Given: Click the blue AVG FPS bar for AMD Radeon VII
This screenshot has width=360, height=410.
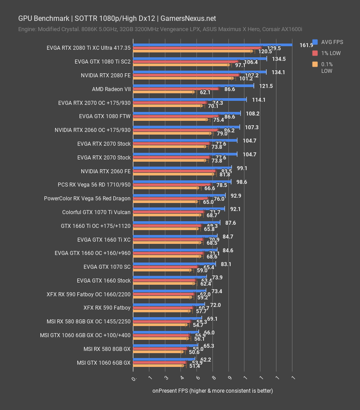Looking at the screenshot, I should pyautogui.click(x=193, y=86).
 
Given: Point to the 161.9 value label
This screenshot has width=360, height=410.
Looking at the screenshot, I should pyautogui.click(x=306, y=45).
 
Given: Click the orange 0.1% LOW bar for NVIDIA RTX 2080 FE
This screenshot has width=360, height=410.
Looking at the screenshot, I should pyautogui.click(x=183, y=78).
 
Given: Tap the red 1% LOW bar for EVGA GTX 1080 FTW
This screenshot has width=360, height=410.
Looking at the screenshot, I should pyautogui.click(x=174, y=116).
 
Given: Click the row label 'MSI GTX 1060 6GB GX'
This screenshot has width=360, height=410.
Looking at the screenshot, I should pyautogui.click(x=104, y=362).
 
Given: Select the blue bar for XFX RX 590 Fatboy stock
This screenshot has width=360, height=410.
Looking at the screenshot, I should pyautogui.click(x=169, y=304).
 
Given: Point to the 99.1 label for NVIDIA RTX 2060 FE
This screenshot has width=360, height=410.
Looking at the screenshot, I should pyautogui.click(x=242, y=168).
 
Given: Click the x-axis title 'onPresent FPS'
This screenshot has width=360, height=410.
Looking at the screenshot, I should pyautogui.click(x=212, y=391).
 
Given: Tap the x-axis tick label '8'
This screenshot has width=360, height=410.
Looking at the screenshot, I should pyautogui.click(x=213, y=378).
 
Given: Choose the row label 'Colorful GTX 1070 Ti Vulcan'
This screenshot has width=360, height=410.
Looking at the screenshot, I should pyautogui.click(x=96, y=212).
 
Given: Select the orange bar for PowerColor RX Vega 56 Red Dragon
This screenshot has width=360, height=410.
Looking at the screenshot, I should pyautogui.click(x=165, y=202).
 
